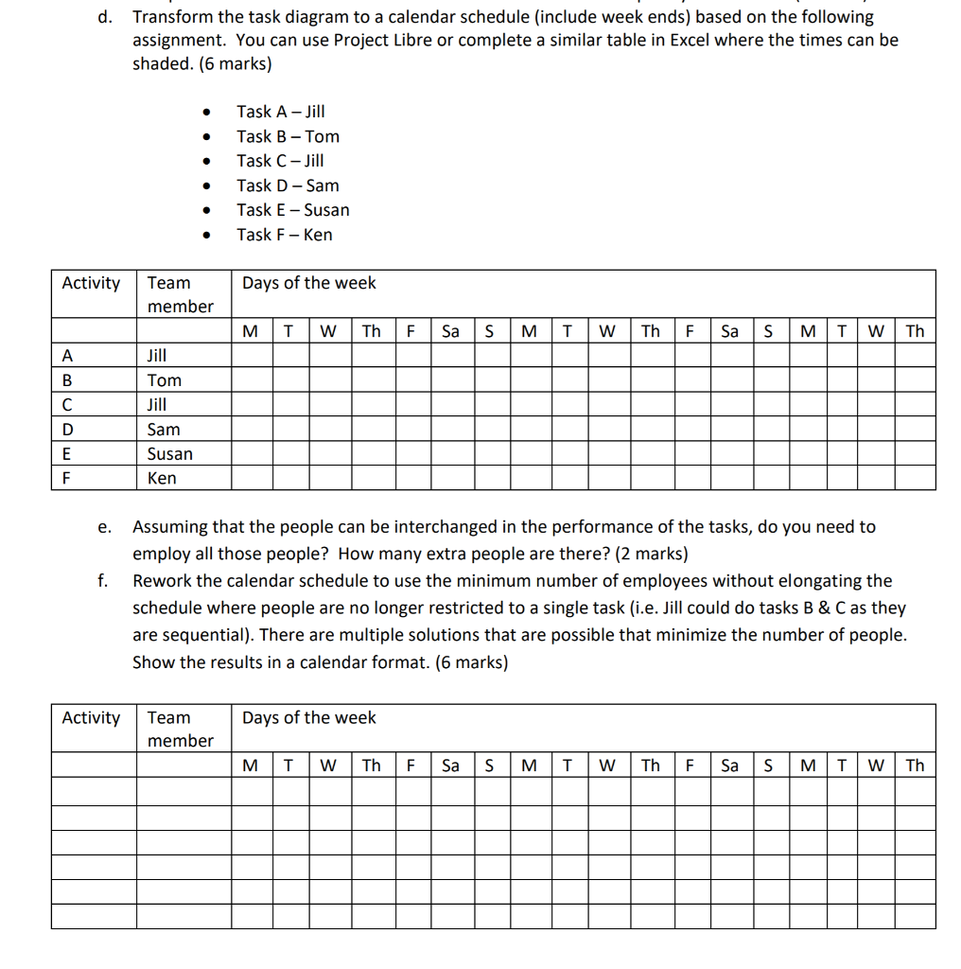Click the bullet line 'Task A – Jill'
click(x=280, y=112)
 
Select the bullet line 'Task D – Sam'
click(x=288, y=185)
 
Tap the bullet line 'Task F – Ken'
click(x=284, y=235)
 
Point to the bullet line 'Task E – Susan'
click(x=292, y=210)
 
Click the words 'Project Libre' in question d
click(x=383, y=40)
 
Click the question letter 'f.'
click(x=104, y=581)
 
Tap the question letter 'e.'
click(x=105, y=527)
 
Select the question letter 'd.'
click(x=106, y=17)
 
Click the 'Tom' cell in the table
click(x=165, y=380)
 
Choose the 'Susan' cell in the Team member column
click(x=170, y=454)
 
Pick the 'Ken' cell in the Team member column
click(x=162, y=479)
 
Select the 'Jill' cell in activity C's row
click(x=157, y=405)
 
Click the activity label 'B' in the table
click(x=66, y=380)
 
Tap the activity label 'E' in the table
click(x=66, y=454)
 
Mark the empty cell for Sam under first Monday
click(x=252, y=430)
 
